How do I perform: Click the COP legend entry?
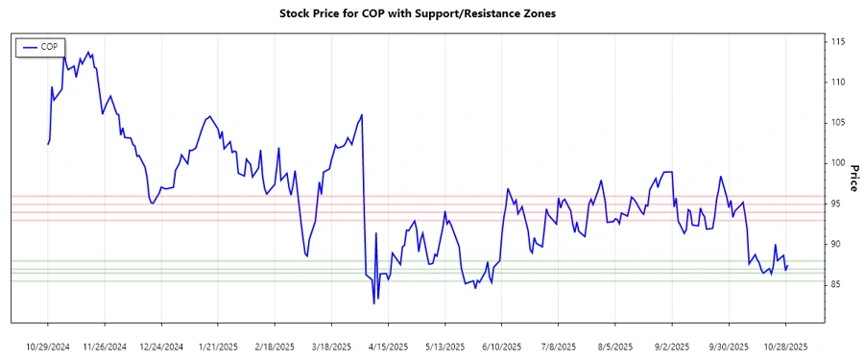(x=40, y=46)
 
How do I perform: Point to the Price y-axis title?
(x=853, y=178)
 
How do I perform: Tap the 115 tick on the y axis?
(x=838, y=42)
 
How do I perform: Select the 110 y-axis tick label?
(x=838, y=83)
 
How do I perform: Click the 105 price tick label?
(x=838, y=123)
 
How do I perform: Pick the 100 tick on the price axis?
(x=838, y=163)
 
